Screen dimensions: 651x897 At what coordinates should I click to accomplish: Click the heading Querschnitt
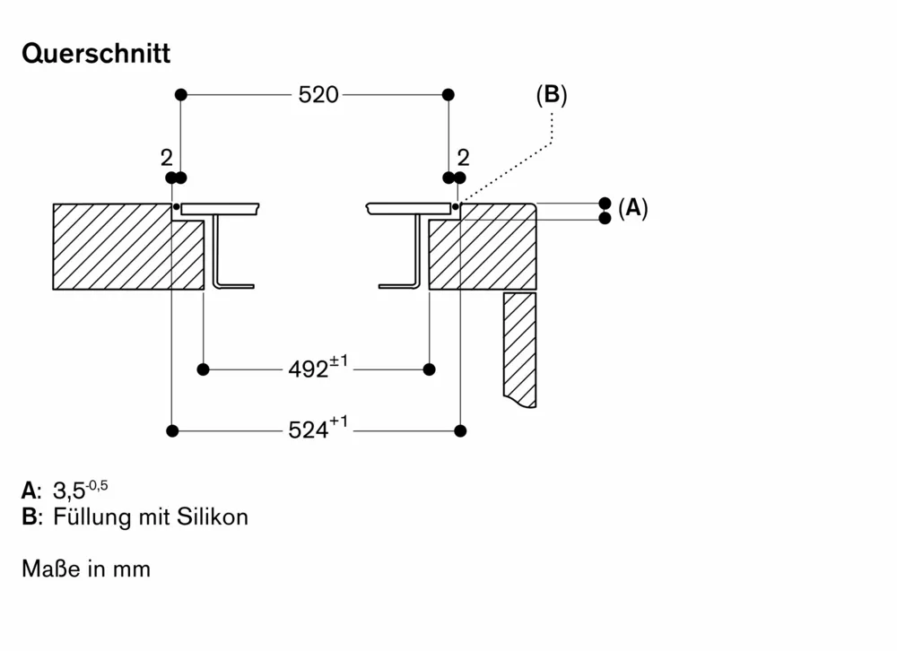coord(96,54)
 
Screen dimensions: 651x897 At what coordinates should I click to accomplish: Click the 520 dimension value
coord(318,94)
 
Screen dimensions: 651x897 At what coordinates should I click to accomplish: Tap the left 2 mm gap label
coord(166,158)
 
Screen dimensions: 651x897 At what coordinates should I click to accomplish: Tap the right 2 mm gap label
coord(463,158)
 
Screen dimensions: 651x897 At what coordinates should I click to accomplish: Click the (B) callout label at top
coord(552,95)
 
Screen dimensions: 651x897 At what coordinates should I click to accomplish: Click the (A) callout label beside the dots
coord(632,209)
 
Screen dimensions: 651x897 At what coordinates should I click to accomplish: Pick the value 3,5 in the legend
coord(69,490)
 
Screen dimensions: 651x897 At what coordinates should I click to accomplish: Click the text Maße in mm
coord(86,569)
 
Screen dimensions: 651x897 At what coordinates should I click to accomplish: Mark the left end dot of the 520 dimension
coord(180,94)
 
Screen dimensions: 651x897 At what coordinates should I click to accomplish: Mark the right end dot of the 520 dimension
coord(448,94)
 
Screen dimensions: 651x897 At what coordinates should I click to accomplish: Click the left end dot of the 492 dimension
coord(204,369)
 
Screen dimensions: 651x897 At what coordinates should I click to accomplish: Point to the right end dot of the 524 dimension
coord(460,431)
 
